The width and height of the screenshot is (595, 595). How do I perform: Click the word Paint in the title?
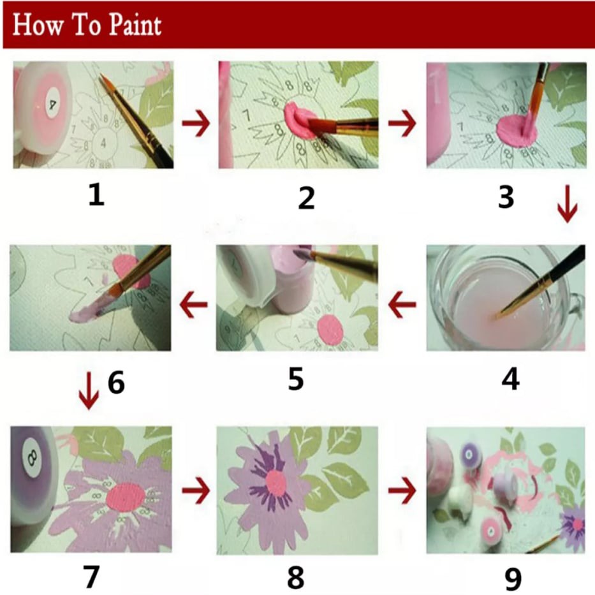(135, 26)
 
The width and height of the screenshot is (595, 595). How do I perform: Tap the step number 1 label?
(96, 195)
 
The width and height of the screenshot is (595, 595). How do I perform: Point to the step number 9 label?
(513, 578)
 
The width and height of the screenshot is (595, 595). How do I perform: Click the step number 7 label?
(91, 577)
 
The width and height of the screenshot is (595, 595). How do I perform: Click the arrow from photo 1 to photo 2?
(196, 122)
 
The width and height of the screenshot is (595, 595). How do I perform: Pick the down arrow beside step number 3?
(568, 204)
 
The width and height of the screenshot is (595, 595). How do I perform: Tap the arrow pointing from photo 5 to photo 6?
(193, 304)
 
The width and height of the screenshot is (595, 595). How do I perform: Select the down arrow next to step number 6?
(89, 391)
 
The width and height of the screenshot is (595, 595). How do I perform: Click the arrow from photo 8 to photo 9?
(402, 490)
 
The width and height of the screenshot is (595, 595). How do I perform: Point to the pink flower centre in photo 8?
(276, 483)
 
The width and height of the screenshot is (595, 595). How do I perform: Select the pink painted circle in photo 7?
(126, 497)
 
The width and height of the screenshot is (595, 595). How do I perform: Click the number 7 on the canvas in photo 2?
(247, 115)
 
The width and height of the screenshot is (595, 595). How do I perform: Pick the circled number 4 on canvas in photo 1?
(103, 143)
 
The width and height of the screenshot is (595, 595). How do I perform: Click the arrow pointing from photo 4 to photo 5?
(402, 304)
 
